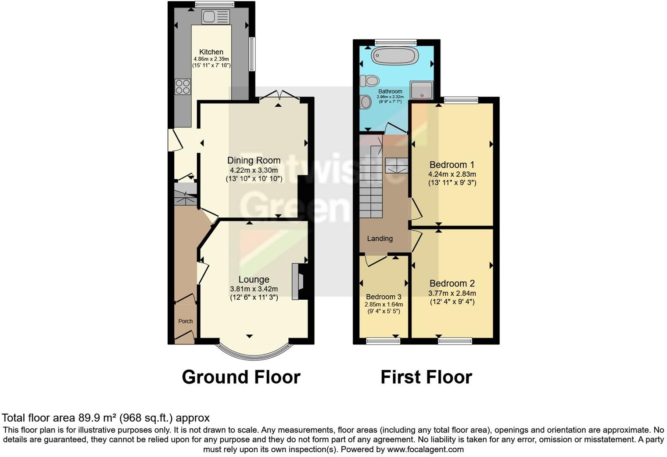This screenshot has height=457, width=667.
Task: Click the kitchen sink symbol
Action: pyautogui.click(x=215, y=17)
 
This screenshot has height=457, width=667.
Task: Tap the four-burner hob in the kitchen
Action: pyautogui.click(x=183, y=87)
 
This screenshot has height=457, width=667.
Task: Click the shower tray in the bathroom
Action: pyautogui.click(x=422, y=90)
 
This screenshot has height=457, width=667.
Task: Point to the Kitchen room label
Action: pyautogui.click(x=211, y=52)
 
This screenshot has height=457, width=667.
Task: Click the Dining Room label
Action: pyautogui.click(x=254, y=160)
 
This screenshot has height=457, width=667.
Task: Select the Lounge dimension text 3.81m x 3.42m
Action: pyautogui.click(x=254, y=289)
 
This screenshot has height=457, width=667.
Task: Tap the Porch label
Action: pyautogui.click(x=185, y=321)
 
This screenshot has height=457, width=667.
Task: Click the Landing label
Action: pyautogui.click(x=380, y=239)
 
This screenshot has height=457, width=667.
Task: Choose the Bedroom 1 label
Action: pyautogui.click(x=452, y=165)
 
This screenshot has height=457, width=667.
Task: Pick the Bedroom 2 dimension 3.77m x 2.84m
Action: pyautogui.click(x=452, y=294)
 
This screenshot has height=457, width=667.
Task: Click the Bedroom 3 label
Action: pyautogui.click(x=384, y=297)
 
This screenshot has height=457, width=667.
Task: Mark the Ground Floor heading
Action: pyautogui.click(x=241, y=377)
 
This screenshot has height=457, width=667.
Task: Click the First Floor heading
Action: pyautogui.click(x=426, y=377)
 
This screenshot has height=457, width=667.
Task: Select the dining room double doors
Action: pyautogui.click(x=279, y=97)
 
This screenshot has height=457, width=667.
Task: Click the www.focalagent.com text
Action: pyautogui.click(x=425, y=450)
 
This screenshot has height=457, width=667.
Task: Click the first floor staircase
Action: pyautogui.click(x=371, y=185)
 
